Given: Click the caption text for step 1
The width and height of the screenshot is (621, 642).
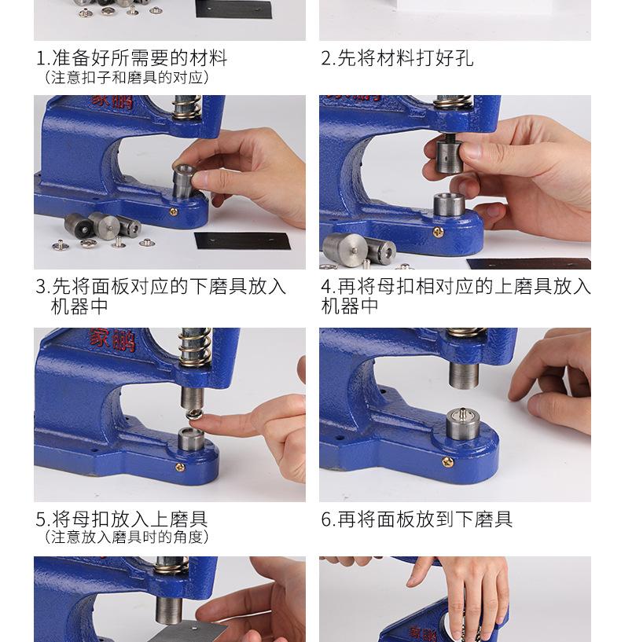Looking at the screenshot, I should (131, 58).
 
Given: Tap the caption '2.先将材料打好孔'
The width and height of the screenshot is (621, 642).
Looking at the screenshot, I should (397, 58).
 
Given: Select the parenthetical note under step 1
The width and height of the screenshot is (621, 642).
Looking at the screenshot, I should (127, 78).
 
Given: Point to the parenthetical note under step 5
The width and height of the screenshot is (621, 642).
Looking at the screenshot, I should (127, 537).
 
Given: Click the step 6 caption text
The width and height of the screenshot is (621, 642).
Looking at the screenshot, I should (417, 519).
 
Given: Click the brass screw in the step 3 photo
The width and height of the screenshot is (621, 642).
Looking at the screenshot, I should (173, 211).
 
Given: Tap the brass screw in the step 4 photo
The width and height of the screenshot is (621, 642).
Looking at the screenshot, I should (439, 233).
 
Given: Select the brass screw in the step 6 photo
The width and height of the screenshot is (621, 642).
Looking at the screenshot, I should (447, 462).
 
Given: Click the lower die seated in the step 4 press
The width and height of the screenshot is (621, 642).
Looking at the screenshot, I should (452, 206).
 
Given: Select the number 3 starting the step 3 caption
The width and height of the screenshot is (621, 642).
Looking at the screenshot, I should (41, 287).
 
